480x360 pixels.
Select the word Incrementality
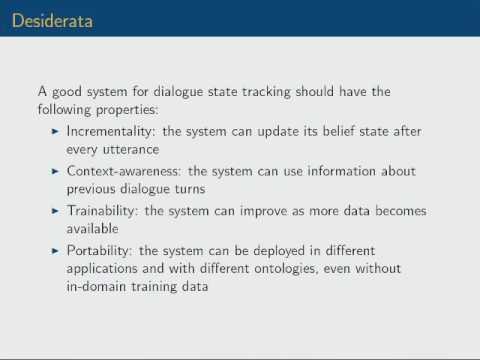click(x=108, y=131)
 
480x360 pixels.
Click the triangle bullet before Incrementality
click(x=56, y=131)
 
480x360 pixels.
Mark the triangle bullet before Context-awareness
click(x=56, y=171)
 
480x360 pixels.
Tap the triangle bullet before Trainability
click(x=56, y=211)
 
